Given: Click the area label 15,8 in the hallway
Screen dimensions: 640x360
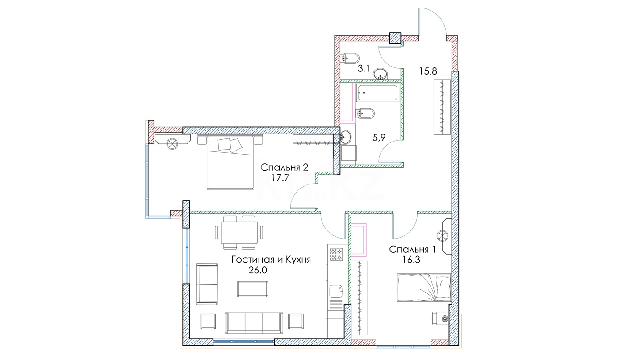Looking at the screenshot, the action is [428, 71].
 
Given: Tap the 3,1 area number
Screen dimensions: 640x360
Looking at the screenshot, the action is [364, 69].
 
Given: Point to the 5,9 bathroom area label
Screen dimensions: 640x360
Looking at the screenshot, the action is [379, 138].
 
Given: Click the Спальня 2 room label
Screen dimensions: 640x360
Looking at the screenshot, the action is [284, 167].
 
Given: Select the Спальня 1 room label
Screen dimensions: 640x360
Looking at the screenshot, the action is [412, 249].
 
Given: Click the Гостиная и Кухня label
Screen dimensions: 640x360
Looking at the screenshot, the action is [271, 260].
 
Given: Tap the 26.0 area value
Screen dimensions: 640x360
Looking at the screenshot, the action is [257, 270].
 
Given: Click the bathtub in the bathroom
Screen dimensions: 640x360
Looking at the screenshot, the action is [377, 92].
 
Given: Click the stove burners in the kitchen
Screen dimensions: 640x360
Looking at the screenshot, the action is [336, 254].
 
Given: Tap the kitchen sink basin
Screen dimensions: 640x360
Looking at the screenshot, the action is [336, 291].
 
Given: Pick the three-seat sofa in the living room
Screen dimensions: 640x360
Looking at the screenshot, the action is [254, 323].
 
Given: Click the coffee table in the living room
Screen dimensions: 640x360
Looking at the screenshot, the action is [252, 289].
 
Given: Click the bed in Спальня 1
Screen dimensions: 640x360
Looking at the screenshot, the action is [424, 288].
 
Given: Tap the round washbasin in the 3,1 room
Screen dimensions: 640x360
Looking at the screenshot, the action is [380, 74].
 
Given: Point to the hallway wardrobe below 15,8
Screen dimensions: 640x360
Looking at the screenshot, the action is [442, 107].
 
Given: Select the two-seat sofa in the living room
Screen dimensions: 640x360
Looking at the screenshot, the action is [207, 284].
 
